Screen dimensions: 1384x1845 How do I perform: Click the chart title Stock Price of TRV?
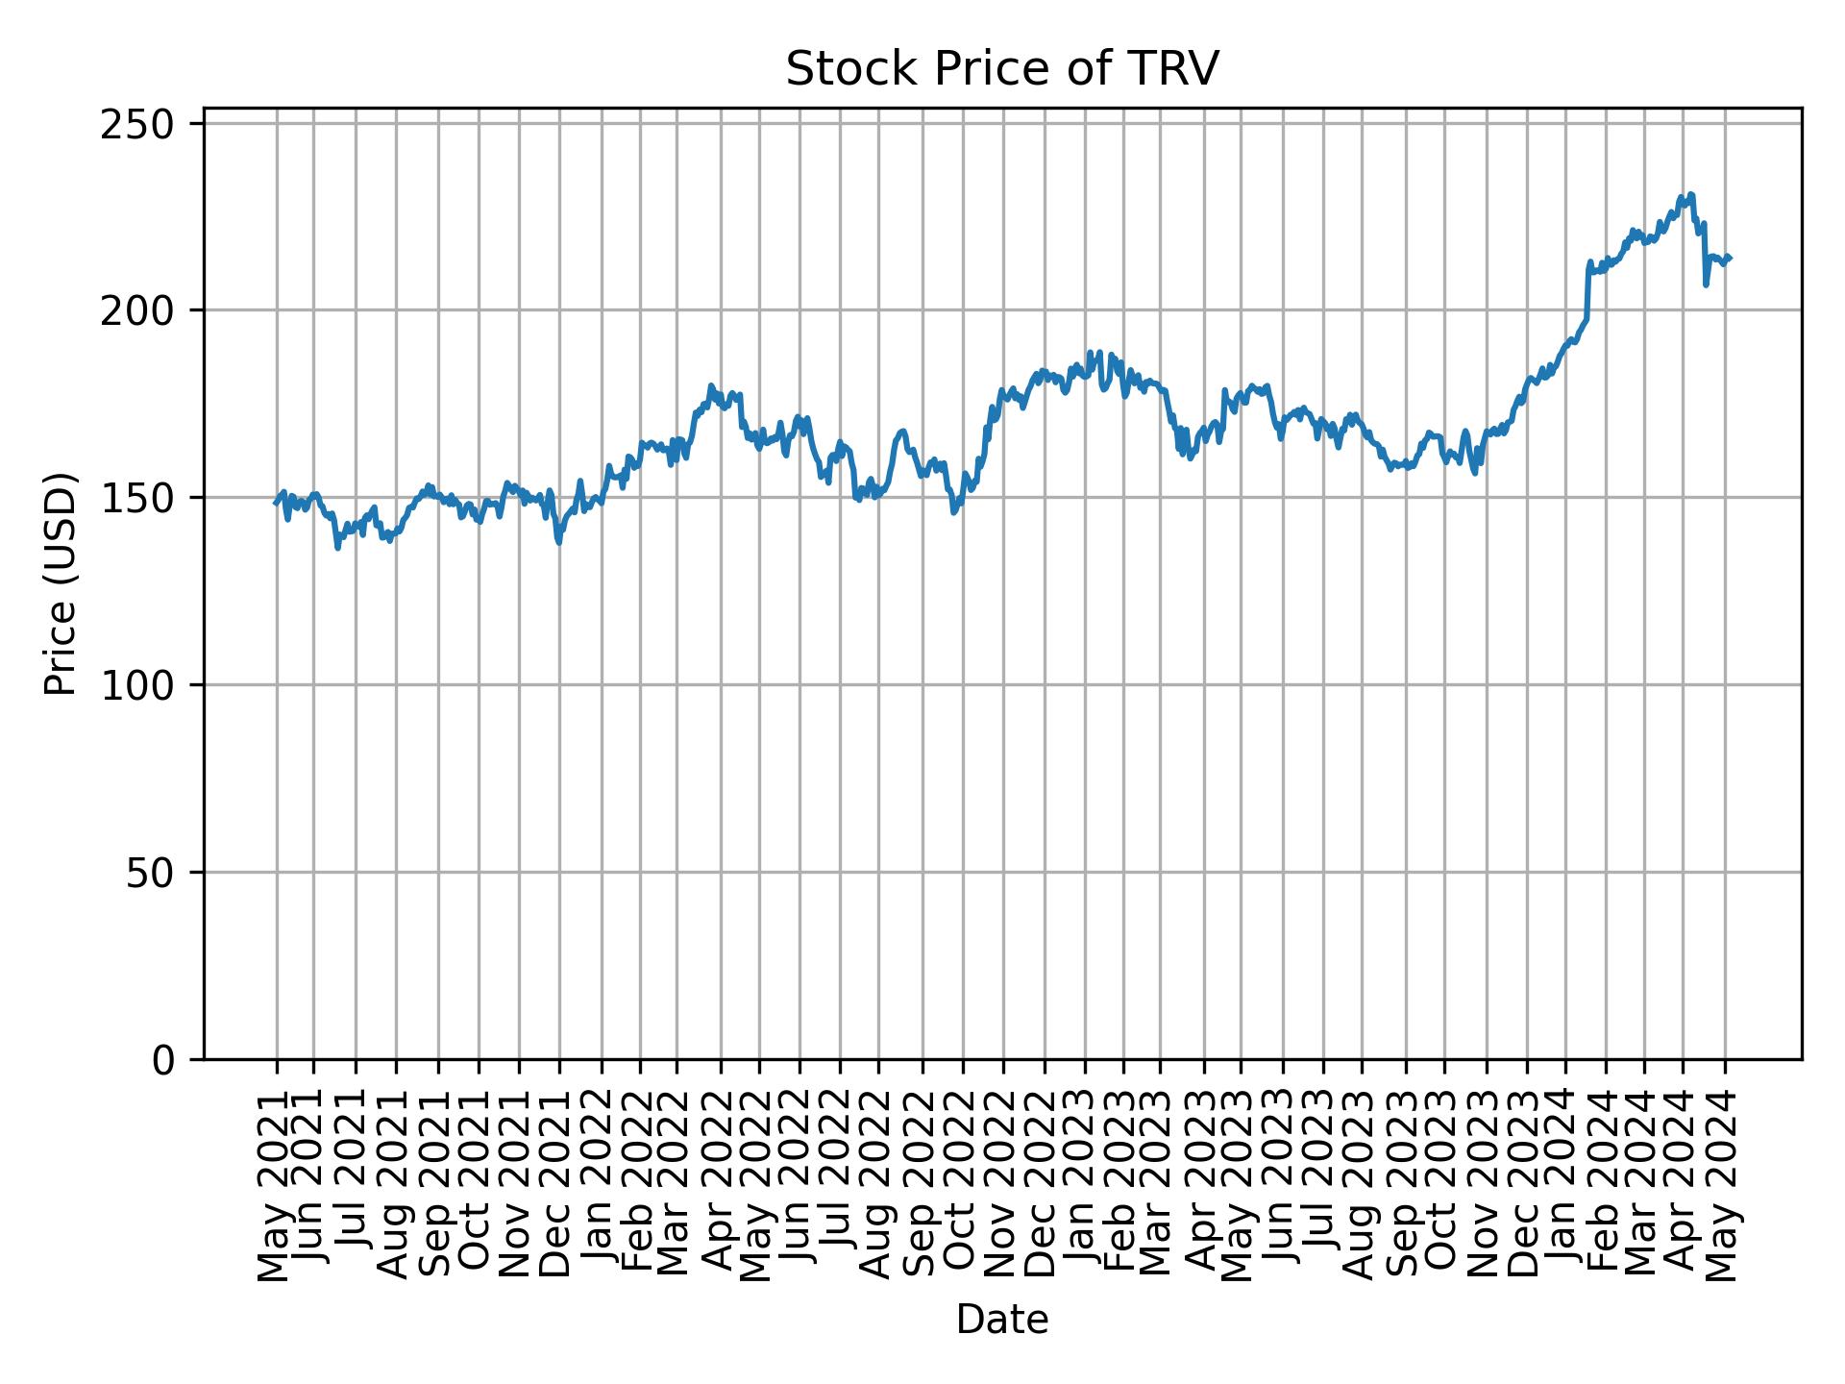(x=1002, y=69)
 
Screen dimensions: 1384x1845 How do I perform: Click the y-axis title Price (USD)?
(x=61, y=583)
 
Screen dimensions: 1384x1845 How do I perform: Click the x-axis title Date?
(x=1002, y=1321)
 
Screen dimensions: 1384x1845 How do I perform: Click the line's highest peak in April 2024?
(x=1691, y=194)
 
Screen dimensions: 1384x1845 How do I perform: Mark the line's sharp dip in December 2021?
(x=559, y=543)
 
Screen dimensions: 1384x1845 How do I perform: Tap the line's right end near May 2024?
(x=1730, y=258)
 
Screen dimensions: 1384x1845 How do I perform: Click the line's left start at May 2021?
(x=276, y=503)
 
